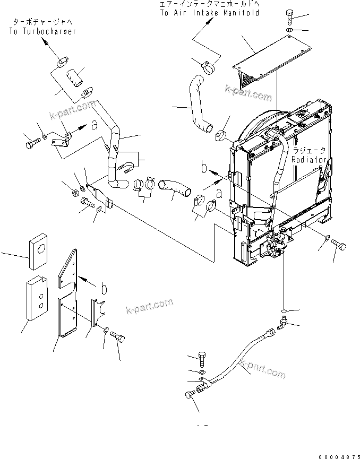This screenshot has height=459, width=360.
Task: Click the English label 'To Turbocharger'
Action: [42, 31]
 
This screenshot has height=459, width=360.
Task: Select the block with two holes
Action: [35, 300]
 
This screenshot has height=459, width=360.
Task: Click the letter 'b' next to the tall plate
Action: [104, 289]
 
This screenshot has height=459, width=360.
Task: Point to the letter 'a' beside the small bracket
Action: [94, 126]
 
